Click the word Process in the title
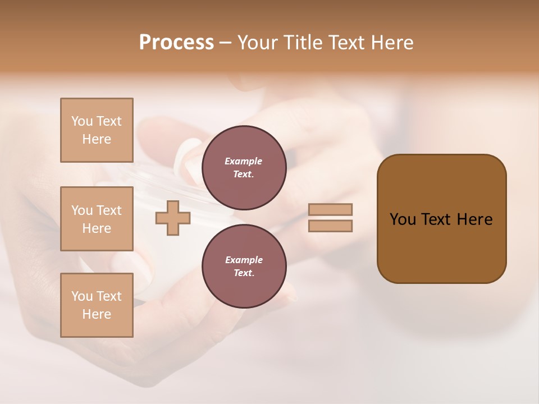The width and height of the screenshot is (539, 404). tap(176, 43)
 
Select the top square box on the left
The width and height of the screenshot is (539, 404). tap(97, 130)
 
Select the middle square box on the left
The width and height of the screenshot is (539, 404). tap(97, 219)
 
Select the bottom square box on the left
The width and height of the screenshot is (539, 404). tap(97, 305)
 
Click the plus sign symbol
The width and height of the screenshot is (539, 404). tap(172, 218)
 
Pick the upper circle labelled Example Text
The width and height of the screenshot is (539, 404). tap(244, 167)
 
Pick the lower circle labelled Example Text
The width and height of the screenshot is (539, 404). tap(244, 266)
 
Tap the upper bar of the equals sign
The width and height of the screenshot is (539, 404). tap(330, 209)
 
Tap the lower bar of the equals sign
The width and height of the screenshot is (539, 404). tap(330, 226)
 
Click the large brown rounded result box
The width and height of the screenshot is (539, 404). tap(441, 219)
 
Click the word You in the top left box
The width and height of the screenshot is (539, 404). tap(82, 121)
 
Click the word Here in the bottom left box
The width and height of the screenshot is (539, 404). tap(97, 314)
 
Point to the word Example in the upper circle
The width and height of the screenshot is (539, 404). tap(244, 161)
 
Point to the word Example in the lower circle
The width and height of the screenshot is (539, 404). tap(244, 260)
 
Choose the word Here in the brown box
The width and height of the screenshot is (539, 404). tap(475, 219)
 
